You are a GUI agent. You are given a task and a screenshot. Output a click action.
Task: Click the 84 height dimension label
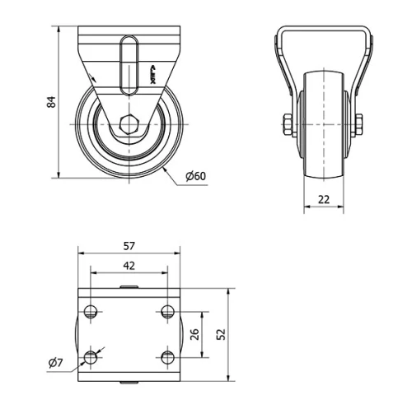point(51,102)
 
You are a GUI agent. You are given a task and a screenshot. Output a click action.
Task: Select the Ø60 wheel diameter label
point(195,176)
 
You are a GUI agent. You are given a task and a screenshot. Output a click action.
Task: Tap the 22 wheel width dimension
point(323,199)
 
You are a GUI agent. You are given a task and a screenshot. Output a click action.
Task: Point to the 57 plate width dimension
point(129,245)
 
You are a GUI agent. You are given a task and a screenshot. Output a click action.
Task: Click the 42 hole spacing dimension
point(129,265)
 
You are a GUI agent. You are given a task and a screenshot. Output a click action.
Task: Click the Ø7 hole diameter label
point(54,363)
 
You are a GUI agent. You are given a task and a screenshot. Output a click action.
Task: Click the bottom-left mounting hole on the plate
point(90,357)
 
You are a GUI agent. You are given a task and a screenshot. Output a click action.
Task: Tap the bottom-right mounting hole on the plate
point(167,357)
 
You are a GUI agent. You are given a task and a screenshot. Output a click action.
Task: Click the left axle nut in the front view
point(286,126)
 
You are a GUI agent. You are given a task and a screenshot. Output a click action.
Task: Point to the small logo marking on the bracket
point(152,75)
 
